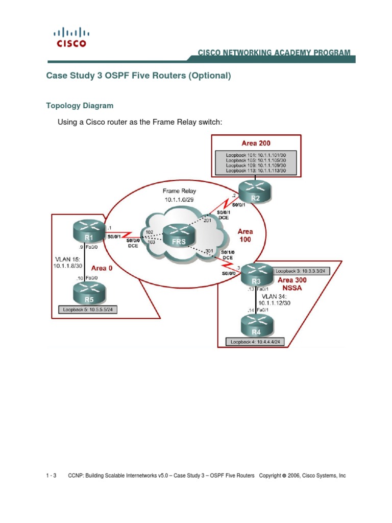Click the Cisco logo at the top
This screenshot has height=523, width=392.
click(71, 37)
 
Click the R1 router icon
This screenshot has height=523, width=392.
click(89, 231)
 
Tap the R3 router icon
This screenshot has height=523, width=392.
click(257, 275)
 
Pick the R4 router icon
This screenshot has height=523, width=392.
click(257, 326)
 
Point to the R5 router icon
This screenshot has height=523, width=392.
click(89, 293)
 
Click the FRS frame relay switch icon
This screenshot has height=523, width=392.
click(179, 235)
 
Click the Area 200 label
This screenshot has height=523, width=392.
click(256, 143)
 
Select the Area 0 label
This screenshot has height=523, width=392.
click(102, 268)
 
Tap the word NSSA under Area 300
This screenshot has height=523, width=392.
click(292, 288)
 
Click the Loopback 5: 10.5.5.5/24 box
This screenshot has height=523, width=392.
click(88, 310)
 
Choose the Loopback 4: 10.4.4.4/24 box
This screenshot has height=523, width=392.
click(255, 342)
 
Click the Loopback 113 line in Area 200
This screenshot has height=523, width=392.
click(256, 171)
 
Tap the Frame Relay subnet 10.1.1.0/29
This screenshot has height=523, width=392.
click(179, 200)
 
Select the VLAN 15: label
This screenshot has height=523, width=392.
click(67, 259)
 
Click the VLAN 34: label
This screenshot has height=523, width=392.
click(274, 296)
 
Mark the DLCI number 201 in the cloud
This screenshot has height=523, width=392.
click(207, 221)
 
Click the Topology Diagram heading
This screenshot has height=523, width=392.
click(80, 106)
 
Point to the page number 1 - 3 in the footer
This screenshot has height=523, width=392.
click(51, 476)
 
